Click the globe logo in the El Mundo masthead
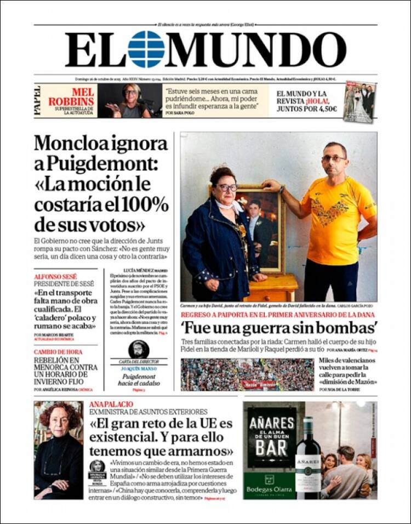[146, 49]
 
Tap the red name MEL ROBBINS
[71, 97]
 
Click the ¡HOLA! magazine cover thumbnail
[360, 101]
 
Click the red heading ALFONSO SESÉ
[55, 277]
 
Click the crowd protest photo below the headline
[247, 374]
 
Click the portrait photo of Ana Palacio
[59, 449]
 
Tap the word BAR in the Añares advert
[272, 446]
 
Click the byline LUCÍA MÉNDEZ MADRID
[145, 271]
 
